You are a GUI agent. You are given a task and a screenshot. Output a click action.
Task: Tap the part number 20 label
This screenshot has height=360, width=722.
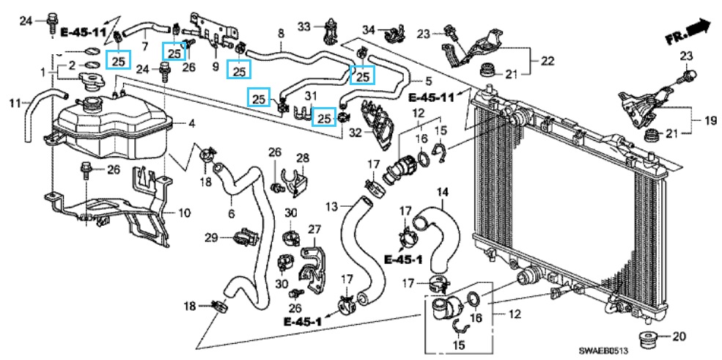tap(679, 337)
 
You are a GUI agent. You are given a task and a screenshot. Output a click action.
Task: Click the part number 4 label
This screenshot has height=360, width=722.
tap(191, 122)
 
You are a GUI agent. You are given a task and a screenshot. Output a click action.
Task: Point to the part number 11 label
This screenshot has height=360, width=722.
tap(14, 103)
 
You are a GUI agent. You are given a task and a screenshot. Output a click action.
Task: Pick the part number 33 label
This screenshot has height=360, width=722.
tap(304, 27)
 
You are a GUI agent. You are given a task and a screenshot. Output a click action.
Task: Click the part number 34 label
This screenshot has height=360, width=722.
tap(369, 30)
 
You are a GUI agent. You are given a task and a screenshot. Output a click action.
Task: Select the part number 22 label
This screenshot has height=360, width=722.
tap(547, 60)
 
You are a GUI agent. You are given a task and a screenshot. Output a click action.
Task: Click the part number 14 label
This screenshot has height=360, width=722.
tap(443, 193)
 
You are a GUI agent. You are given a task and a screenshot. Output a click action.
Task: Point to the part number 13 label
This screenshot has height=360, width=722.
tap(332, 206)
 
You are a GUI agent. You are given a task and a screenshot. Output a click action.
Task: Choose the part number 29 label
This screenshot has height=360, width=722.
tap(211, 238)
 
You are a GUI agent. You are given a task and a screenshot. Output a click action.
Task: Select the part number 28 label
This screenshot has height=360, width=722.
tap(303, 158)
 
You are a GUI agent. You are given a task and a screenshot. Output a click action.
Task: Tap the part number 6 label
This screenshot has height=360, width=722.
tap(231, 213)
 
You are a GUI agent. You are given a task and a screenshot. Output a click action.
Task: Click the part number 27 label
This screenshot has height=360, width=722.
tap(315, 230)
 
